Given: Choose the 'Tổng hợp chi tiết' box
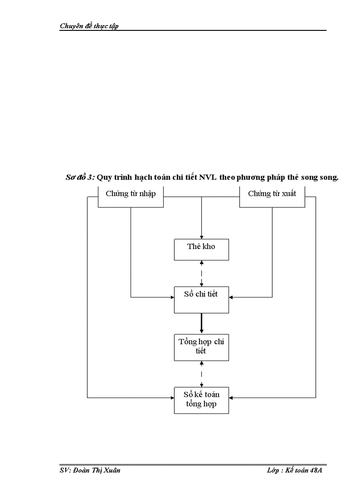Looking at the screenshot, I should [x=201, y=347].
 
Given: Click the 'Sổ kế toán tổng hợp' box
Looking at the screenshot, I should [x=201, y=399].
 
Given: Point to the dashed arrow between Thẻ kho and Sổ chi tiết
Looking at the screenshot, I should [x=202, y=273].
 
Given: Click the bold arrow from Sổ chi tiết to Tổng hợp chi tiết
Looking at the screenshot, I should [x=202, y=323].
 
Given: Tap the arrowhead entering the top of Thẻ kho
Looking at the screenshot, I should [x=202, y=237].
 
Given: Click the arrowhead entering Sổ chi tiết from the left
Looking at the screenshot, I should [x=172, y=297].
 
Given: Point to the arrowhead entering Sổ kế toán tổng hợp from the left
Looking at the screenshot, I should [x=172, y=398].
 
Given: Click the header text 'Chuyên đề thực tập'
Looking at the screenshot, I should [x=89, y=26].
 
